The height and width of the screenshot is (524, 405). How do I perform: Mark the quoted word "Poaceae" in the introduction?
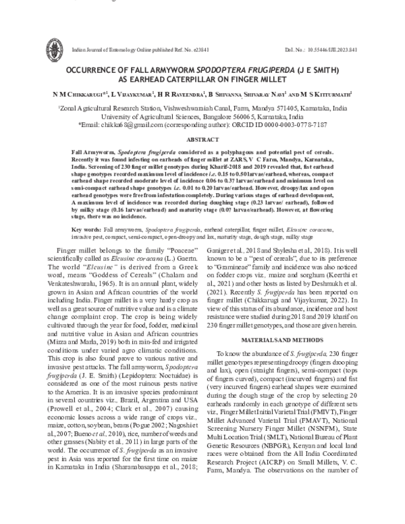[x=154, y=251]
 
